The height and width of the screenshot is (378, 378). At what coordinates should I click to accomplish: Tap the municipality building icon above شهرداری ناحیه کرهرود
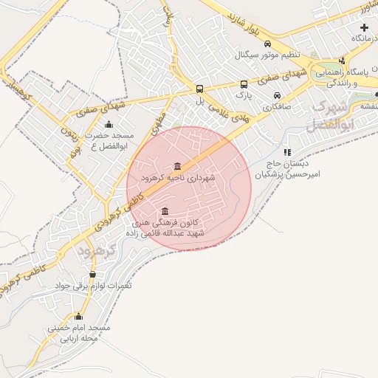176,166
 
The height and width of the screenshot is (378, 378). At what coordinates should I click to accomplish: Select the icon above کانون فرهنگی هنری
164,210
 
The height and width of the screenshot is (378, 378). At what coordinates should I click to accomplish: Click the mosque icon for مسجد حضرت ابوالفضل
109,124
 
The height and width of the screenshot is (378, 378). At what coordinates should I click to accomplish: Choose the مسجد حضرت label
108,137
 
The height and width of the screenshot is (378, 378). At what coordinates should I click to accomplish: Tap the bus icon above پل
199,86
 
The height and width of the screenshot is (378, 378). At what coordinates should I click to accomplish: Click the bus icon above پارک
244,84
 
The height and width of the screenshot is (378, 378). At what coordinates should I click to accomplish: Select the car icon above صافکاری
276,96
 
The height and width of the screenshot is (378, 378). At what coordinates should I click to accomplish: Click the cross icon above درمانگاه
363,27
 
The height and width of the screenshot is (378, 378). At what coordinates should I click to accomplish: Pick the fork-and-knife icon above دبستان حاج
287,152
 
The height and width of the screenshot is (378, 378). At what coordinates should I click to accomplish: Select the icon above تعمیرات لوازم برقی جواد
92,274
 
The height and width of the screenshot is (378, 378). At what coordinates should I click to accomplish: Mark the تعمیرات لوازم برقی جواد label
92,285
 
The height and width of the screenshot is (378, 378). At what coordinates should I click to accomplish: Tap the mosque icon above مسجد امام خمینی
79,316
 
